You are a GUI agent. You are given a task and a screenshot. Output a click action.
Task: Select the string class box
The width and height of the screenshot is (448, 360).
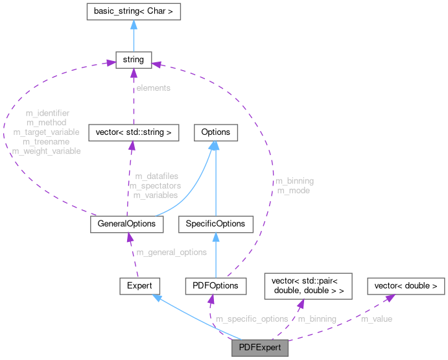click(134, 60)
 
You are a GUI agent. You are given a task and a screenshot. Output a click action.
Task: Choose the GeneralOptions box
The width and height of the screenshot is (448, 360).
click(126, 224)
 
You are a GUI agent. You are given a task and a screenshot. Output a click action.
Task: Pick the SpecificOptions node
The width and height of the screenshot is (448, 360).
click(215, 224)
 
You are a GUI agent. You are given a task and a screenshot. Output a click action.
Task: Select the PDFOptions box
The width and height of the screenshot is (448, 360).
click(216, 285)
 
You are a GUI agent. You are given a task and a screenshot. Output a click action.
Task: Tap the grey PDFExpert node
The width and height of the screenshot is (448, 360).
click(259, 348)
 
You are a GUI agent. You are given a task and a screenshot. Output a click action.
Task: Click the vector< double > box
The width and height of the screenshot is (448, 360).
click(406, 285)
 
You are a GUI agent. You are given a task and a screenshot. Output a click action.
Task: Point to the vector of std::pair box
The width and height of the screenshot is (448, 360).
click(308, 285)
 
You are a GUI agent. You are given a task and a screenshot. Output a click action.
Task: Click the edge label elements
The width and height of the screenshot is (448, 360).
click(153, 88)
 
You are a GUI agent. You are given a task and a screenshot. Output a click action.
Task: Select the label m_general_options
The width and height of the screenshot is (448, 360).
click(171, 252)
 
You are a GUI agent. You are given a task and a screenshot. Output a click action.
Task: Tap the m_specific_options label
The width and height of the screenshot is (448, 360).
click(252, 319)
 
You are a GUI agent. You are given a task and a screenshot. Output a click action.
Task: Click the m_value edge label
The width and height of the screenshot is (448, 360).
click(376, 319)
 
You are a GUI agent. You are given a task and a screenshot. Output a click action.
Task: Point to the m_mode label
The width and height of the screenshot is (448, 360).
click(293, 191)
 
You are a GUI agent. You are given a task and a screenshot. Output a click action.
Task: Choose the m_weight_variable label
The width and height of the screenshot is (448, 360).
click(47, 151)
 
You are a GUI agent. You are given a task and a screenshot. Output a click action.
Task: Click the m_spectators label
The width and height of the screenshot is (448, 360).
click(155, 186)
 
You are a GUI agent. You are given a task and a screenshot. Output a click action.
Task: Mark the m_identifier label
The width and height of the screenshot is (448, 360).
click(48, 113)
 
